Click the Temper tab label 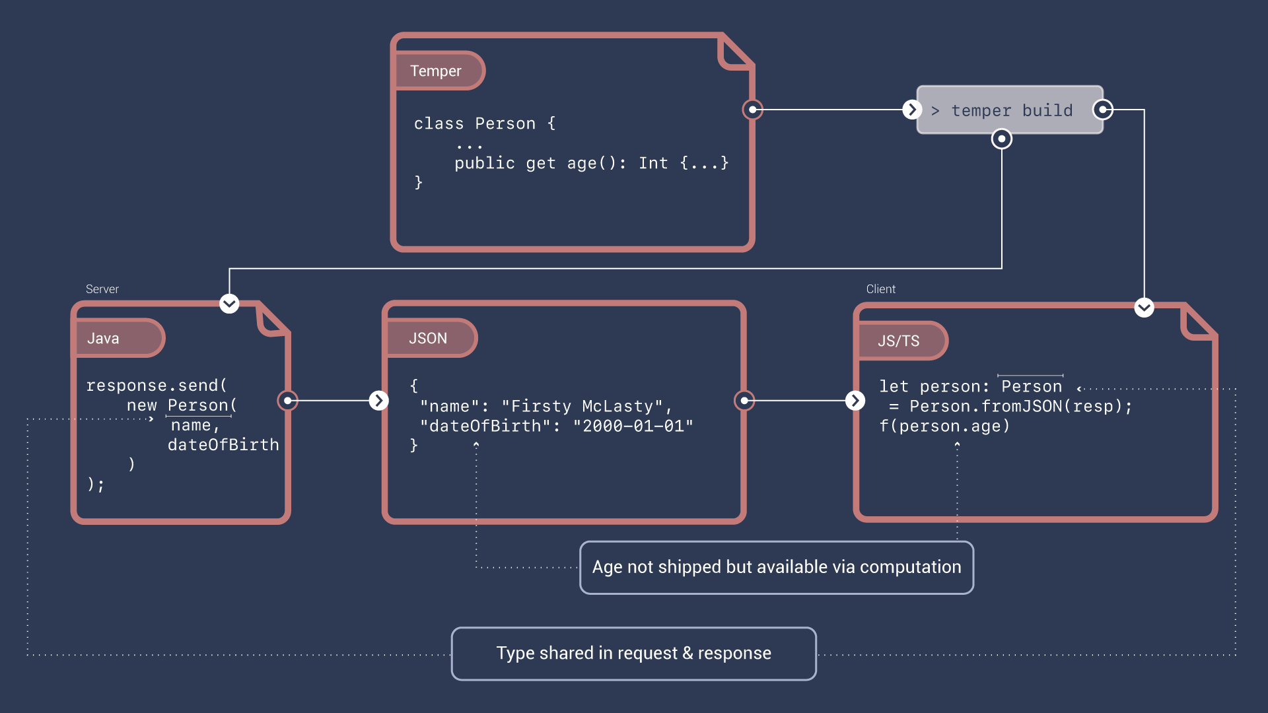pos(436,71)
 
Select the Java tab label pos(104,338)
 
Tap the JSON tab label pos(428,338)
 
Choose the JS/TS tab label pos(898,341)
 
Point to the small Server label pos(102,289)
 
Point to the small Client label pos(880,289)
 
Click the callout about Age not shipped pos(776,567)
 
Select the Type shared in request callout pos(633,653)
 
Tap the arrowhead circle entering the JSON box pos(378,400)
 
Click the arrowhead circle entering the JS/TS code pos(855,400)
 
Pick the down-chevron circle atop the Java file pos(229,304)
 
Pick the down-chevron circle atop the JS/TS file pos(1144,307)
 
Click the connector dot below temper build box pos(1002,139)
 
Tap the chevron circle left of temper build pos(912,110)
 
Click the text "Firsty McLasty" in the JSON pos(582,406)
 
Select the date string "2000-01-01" pos(633,426)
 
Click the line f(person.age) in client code pos(944,426)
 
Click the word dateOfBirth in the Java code pos(223,444)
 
